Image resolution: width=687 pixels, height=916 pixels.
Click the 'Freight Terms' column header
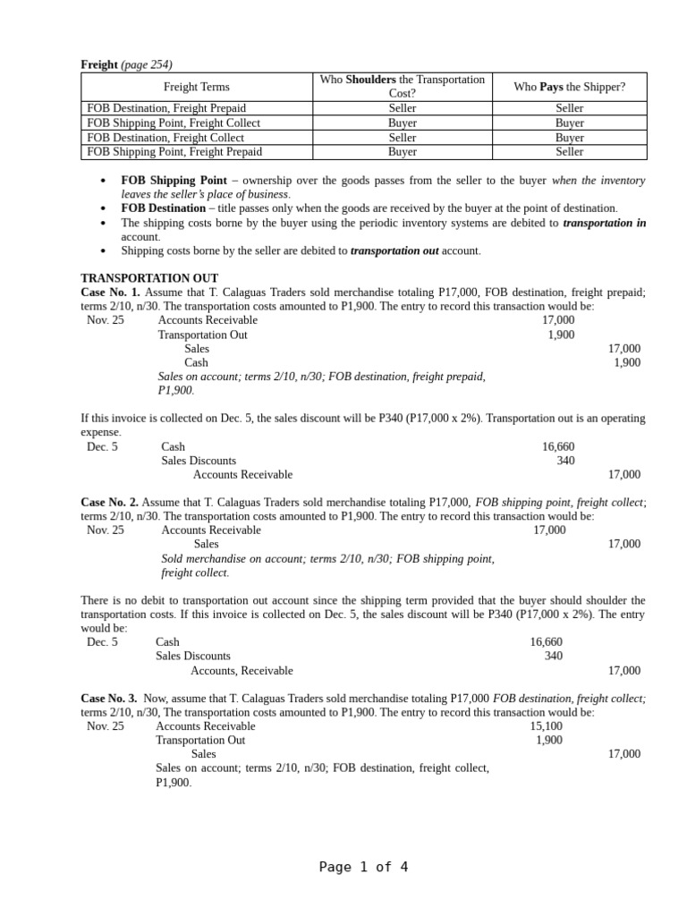click(196, 87)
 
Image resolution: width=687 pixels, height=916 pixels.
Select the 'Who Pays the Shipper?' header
click(569, 87)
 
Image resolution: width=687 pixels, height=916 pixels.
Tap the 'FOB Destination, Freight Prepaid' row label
click(165, 108)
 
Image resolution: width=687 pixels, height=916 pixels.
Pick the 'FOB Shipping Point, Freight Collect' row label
click(174, 123)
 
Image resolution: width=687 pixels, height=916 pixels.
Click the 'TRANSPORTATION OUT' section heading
click(149, 278)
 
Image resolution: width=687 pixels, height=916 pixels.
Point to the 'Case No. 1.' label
click(110, 293)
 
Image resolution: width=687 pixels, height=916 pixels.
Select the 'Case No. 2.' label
click(109, 503)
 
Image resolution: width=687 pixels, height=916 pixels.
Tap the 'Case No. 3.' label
click(109, 698)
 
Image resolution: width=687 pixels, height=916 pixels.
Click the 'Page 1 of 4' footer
click(363, 867)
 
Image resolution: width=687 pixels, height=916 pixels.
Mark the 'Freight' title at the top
click(98, 64)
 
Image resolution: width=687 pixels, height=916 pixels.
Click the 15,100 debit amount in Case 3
click(546, 726)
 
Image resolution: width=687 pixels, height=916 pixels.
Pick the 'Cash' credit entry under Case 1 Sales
click(196, 362)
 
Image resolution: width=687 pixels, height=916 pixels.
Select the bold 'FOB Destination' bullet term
click(163, 208)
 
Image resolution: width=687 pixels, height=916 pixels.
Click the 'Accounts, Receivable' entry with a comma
click(242, 671)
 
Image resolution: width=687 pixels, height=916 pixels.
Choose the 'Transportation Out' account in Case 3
click(199, 741)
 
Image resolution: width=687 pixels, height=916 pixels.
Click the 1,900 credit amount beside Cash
click(626, 362)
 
